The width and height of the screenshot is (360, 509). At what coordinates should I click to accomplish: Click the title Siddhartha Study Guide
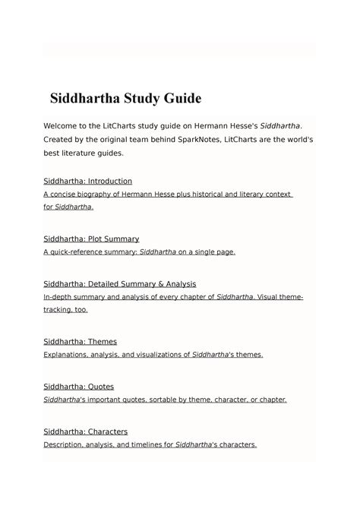(x=126, y=99)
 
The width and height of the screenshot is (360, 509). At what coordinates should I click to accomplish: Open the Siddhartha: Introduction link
(x=88, y=181)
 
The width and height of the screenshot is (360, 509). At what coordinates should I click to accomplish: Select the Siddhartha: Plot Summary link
(x=91, y=239)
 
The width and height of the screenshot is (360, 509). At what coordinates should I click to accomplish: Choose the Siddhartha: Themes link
(x=80, y=341)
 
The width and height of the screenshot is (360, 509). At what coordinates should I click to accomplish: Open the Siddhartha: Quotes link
(x=78, y=386)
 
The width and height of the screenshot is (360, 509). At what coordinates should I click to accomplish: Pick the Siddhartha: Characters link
(x=85, y=432)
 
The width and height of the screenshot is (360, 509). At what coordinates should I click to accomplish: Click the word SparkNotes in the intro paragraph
(x=188, y=139)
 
